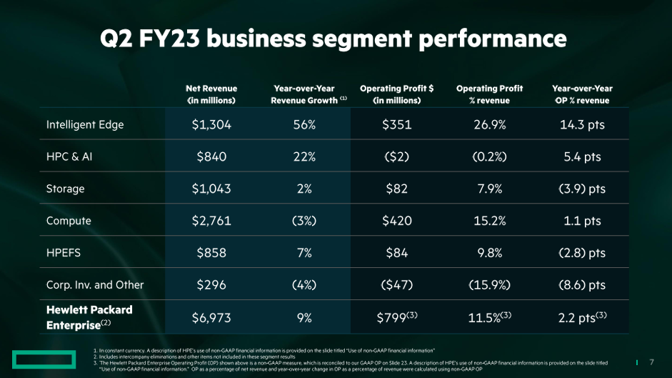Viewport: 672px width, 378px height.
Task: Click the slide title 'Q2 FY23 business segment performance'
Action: coord(334,39)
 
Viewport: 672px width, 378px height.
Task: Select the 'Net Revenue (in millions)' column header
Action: coord(211,94)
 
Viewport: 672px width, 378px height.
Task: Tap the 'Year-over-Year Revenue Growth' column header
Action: coord(304,94)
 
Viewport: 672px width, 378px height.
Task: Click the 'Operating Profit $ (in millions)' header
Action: coord(397,94)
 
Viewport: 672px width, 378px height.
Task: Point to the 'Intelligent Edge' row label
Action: coord(85,124)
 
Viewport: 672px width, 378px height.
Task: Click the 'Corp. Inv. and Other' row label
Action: coord(95,284)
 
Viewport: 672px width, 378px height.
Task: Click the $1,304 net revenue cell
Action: coord(211,125)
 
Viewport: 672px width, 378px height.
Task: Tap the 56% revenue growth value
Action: coord(304,125)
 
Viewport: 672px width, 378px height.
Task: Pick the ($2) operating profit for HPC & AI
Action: coord(397,157)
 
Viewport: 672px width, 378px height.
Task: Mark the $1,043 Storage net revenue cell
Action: coord(211,189)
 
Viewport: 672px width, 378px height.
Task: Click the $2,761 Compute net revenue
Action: coord(211,221)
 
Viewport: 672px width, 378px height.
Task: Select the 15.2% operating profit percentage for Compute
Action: coord(490,221)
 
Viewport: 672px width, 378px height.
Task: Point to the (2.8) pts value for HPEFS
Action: coord(582,253)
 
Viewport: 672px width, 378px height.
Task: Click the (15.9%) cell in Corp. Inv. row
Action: coord(490,285)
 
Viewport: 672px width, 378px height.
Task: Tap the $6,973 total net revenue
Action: coord(211,318)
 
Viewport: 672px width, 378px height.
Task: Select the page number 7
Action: coord(651,361)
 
